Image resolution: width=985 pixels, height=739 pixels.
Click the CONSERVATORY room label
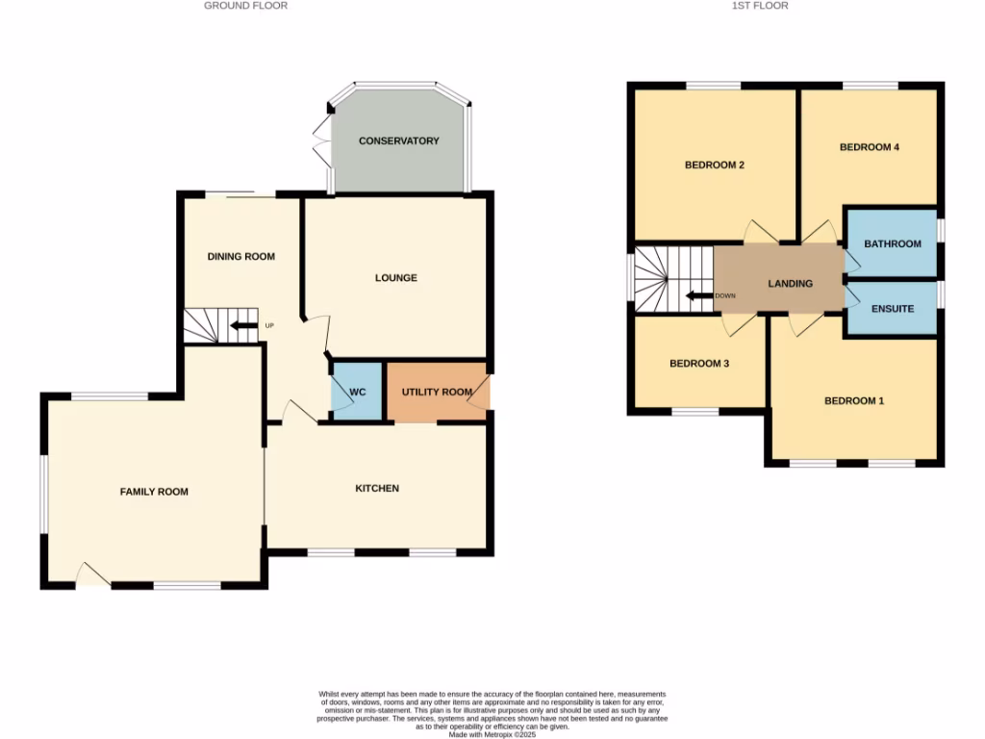[x=398, y=141]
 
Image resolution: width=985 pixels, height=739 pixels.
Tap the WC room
[x=357, y=392]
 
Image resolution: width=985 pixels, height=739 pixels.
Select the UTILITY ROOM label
[x=437, y=392]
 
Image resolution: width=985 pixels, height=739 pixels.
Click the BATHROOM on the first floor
[x=892, y=244]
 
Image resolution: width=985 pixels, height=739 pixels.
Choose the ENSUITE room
[x=892, y=309]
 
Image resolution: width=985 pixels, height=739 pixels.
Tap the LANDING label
[x=790, y=284]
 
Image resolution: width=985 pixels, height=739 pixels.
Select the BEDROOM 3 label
[x=698, y=364]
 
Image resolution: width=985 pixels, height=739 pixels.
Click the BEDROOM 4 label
[x=869, y=147]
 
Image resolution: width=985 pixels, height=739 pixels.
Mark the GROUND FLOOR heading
[x=245, y=6]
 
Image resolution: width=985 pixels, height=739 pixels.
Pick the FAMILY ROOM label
[x=154, y=492]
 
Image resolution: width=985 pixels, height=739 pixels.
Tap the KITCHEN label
[x=377, y=489]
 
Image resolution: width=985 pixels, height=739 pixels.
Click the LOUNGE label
[x=395, y=278]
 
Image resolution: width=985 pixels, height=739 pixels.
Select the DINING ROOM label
[x=241, y=257]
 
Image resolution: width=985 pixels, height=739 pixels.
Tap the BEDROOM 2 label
[x=715, y=165]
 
